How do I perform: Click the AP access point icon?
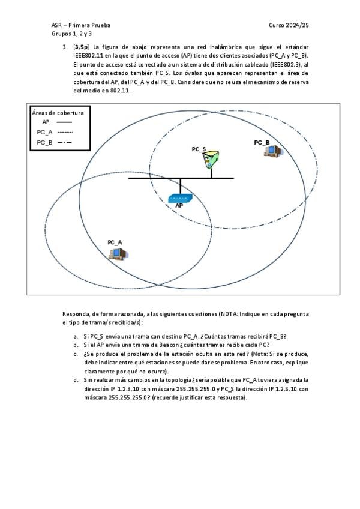pyautogui.click(x=179, y=198)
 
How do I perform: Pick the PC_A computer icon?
pyautogui.click(x=116, y=253)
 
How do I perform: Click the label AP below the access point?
pyautogui.click(x=179, y=205)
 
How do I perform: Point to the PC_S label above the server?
pyautogui.click(x=199, y=149)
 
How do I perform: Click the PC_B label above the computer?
pyautogui.click(x=262, y=142)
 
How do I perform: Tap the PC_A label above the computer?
pyautogui.click(x=115, y=242)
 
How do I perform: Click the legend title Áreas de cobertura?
pyautogui.click(x=58, y=112)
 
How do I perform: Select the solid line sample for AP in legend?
pyautogui.click(x=64, y=122)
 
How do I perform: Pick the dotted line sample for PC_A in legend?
pyautogui.click(x=64, y=132)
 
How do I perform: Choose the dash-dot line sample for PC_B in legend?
pyautogui.click(x=64, y=142)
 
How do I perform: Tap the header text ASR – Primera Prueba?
pyautogui.click(x=81, y=25)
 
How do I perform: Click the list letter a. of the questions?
pyautogui.click(x=76, y=336)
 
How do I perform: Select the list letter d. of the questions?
pyautogui.click(x=76, y=380)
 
